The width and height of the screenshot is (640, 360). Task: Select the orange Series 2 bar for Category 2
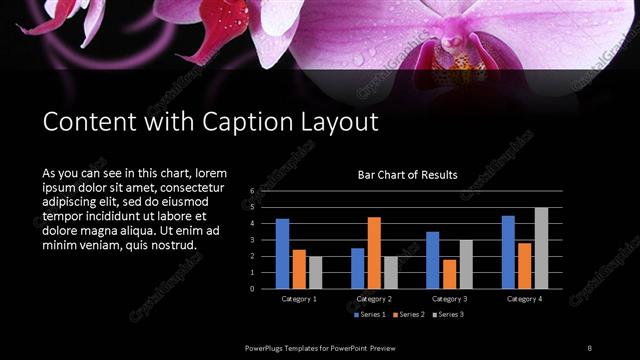(374, 253)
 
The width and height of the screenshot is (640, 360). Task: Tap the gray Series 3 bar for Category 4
(541, 248)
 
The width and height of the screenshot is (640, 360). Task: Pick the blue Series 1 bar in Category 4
(508, 252)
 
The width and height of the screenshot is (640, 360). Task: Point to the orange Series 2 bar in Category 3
(449, 274)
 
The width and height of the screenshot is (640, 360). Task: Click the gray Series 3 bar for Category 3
(466, 264)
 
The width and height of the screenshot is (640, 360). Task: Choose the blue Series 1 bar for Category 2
(358, 268)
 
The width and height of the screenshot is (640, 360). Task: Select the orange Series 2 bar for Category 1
(299, 269)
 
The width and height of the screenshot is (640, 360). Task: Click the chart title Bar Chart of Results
(408, 175)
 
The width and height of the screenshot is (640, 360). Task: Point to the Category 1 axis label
(299, 299)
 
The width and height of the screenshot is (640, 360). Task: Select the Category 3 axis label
(449, 299)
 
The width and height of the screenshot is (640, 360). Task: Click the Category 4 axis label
(524, 299)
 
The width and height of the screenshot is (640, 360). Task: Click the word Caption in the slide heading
(249, 123)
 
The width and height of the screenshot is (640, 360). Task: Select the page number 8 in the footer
(589, 347)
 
